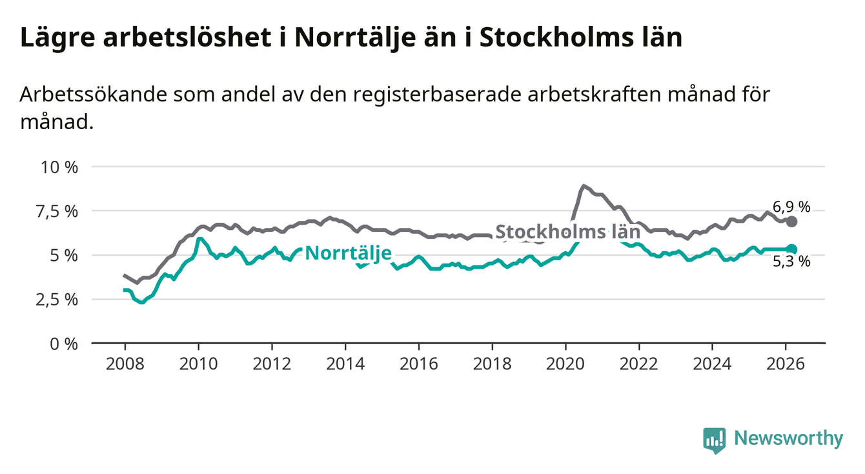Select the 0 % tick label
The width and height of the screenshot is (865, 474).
[64, 344]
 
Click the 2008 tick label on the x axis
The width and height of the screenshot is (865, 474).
[125, 363]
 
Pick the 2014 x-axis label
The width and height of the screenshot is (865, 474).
[345, 363]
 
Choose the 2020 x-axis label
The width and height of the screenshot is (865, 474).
[565, 363]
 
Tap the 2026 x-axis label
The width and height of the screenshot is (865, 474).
[786, 363]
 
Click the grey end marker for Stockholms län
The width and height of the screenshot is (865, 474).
[792, 222]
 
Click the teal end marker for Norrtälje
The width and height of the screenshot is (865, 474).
[792, 249]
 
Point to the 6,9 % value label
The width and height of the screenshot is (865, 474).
[791, 207]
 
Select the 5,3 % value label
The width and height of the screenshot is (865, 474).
[791, 262]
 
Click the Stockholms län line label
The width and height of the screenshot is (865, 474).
[567, 232]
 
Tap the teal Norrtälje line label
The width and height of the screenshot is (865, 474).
[348, 253]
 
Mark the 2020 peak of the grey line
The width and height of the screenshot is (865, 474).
[584, 186]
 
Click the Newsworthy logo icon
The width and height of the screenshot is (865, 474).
[714, 440]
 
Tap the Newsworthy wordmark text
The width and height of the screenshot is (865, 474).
[789, 439]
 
